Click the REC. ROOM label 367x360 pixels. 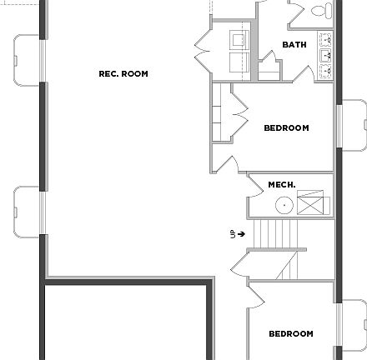point(123,74)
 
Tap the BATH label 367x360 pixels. point(294,45)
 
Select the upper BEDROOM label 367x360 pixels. point(286,128)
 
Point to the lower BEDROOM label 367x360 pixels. point(291,334)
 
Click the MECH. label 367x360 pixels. point(282,185)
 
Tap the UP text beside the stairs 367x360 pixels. point(233,234)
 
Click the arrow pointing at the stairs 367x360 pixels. point(242,234)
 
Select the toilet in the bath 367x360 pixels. point(321,10)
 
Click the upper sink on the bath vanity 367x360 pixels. point(325,39)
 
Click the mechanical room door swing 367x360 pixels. point(256,204)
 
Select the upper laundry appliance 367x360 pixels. point(239,40)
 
